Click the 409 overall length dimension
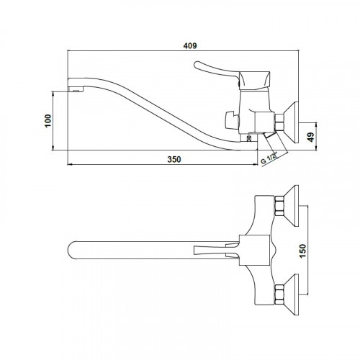(190, 45)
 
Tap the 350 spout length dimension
(174, 159)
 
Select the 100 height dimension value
(48, 121)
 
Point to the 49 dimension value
(311, 138)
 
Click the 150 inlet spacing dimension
(303, 251)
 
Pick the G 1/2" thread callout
(269, 158)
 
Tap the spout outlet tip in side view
(76, 89)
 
